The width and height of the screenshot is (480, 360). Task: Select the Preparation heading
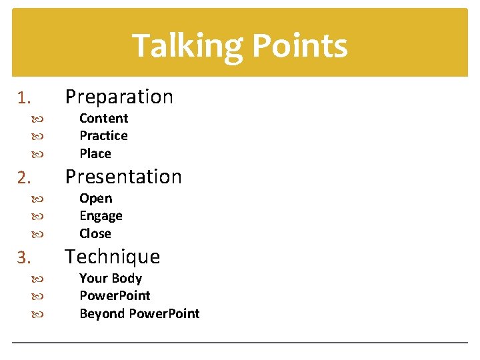(119, 97)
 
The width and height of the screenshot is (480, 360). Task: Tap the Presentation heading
(123, 177)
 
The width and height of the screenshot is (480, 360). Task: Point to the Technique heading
(112, 257)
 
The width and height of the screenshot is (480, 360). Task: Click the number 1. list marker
(24, 99)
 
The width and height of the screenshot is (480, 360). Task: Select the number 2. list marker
(24, 179)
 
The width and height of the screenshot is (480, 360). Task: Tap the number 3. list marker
(24, 259)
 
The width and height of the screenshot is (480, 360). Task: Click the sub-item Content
(103, 119)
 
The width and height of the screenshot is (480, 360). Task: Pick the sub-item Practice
(103, 136)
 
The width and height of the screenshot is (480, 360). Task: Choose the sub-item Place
(95, 153)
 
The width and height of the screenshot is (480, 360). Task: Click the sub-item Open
(95, 199)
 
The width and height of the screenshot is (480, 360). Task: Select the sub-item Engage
(101, 216)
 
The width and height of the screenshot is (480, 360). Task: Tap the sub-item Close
(95, 233)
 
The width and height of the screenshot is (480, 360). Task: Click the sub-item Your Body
(111, 279)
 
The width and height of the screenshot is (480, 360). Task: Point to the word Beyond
(101, 313)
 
